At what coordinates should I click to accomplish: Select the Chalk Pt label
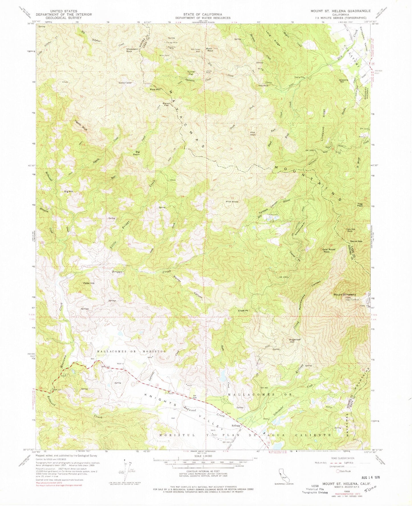(242, 311)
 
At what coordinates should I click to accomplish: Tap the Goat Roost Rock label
(328, 251)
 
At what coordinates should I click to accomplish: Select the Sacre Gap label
(356, 241)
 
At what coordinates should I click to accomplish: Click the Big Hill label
(69, 192)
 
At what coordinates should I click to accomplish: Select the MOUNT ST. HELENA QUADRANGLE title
(341, 11)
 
